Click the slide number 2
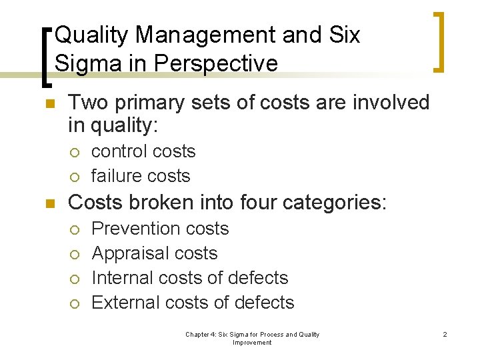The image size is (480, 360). [445, 334]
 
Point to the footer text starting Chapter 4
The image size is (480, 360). [252, 338]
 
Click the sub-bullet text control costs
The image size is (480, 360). [143, 151]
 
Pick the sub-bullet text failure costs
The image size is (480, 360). [141, 176]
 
